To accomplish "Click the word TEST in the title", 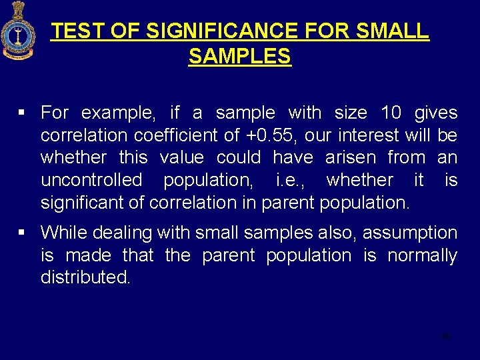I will coord(73,31).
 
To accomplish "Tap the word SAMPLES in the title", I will coord(239,57).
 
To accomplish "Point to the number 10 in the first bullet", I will coord(391,113).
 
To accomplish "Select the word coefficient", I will coord(176,135).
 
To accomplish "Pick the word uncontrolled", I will coord(91,180).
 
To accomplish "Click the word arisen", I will coord(352,158).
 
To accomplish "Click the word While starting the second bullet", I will coord(64,233).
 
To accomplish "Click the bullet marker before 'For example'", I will coord(23,113).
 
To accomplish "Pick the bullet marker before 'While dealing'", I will coord(23,233).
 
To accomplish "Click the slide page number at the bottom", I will coord(446,336).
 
